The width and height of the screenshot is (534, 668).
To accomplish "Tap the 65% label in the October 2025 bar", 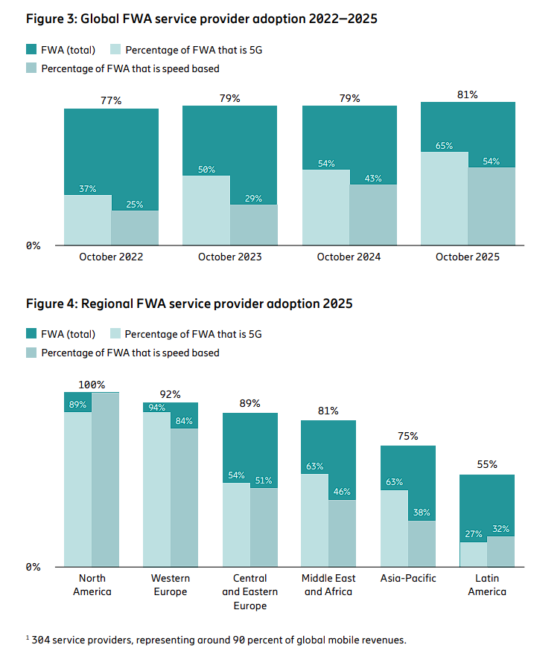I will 444,146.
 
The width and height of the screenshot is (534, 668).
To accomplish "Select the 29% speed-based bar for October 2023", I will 253,225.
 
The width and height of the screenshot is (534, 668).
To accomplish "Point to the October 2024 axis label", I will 349,257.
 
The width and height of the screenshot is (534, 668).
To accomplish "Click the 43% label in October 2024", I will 372,179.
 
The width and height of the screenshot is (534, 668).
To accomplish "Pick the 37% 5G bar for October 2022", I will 87,219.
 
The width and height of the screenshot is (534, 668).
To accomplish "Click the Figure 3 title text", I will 201,19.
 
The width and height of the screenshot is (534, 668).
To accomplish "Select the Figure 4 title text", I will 189,304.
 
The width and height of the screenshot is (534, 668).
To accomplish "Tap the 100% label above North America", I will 91,385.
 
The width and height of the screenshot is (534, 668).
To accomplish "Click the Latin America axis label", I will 488,585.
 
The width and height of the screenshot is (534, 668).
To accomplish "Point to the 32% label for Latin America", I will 500,530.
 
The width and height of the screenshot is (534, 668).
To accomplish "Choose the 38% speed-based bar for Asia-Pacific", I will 422,543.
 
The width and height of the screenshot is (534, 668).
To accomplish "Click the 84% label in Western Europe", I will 184,421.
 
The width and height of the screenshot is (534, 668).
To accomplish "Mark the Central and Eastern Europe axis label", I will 250,592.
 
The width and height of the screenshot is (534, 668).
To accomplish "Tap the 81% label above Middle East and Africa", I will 328,411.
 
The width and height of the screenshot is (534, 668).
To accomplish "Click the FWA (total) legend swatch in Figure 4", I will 31,334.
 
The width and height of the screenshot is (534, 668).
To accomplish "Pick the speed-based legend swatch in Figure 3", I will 31,68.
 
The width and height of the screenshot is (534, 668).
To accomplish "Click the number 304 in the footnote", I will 42,640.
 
